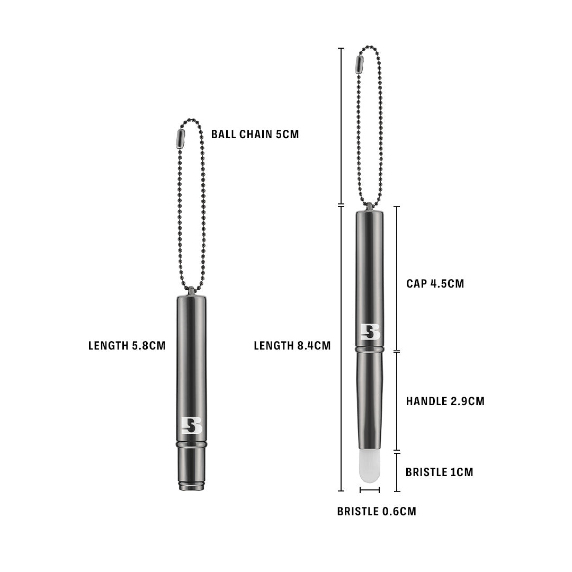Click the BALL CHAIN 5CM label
pyautogui.click(x=255, y=134)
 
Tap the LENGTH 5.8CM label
pyautogui.click(x=127, y=346)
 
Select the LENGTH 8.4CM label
pyautogui.click(x=292, y=346)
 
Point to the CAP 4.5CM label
pyautogui.click(x=435, y=283)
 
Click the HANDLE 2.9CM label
pyautogui.click(x=445, y=401)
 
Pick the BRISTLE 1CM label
pyautogui.click(x=439, y=472)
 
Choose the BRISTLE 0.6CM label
pyautogui.click(x=377, y=511)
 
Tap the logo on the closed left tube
pyautogui.click(x=191, y=425)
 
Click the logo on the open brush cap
pyautogui.click(x=370, y=332)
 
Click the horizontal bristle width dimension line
pyautogui.click(x=369, y=490)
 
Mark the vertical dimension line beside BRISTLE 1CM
pyautogui.click(x=397, y=471)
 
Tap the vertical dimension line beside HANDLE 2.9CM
pyautogui.click(x=397, y=401)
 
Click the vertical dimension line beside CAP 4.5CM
pyautogui.click(x=397, y=279)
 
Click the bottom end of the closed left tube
pyautogui.click(x=191, y=486)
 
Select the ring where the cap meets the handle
pyautogui.click(x=369, y=350)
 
